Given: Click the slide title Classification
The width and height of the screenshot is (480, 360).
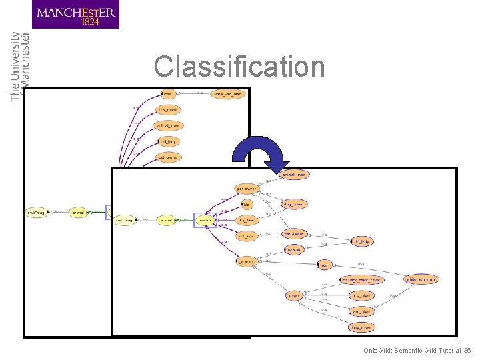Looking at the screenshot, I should [x=239, y=67].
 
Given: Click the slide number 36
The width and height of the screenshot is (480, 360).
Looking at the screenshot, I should [x=467, y=350].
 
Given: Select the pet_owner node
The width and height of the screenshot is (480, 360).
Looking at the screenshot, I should [x=247, y=189].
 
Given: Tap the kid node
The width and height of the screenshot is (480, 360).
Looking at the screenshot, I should [x=246, y=204].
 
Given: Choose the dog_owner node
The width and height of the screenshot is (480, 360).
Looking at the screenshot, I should [x=294, y=204].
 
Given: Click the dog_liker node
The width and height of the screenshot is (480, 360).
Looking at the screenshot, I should [x=247, y=219].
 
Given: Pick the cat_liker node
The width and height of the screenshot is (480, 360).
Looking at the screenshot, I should [x=247, y=235].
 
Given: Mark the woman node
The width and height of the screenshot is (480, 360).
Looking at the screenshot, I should [x=294, y=249].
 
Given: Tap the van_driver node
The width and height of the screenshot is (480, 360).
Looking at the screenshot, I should [x=361, y=311].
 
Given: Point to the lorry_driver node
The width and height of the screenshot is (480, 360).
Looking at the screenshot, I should [x=361, y=327].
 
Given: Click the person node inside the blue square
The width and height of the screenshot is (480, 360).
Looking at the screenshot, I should [x=205, y=219].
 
